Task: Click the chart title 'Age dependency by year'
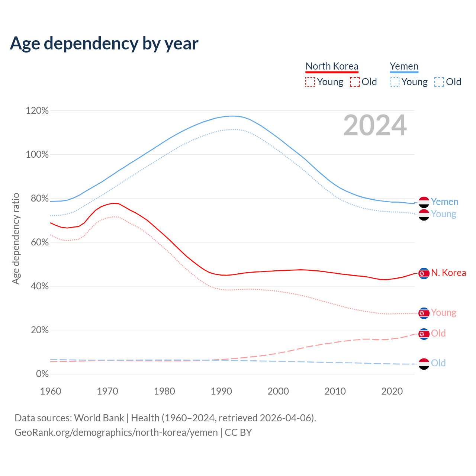pyautogui.click(x=104, y=44)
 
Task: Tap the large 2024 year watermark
pyautogui.click(x=375, y=125)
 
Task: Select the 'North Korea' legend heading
pyautogui.click(x=332, y=66)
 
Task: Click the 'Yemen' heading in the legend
pyautogui.click(x=404, y=66)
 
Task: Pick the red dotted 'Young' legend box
pyautogui.click(x=310, y=82)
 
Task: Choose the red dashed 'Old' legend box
pyautogui.click(x=355, y=82)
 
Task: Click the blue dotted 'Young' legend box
pyautogui.click(x=395, y=82)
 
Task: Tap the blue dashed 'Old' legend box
pyautogui.click(x=439, y=82)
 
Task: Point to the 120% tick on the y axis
pyautogui.click(x=37, y=111)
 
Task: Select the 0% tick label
pyautogui.click(x=42, y=374)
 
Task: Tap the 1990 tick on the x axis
pyautogui.click(x=221, y=391)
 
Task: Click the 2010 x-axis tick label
pyautogui.click(x=335, y=391)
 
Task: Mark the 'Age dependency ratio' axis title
pyautogui.click(x=16, y=238)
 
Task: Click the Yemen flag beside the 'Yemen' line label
pyautogui.click(x=424, y=202)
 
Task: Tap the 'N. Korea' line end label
pyautogui.click(x=448, y=273)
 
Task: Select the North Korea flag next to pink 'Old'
pyautogui.click(x=424, y=334)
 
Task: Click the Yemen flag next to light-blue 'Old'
pyautogui.click(x=424, y=364)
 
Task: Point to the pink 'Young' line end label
pyautogui.click(x=444, y=313)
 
